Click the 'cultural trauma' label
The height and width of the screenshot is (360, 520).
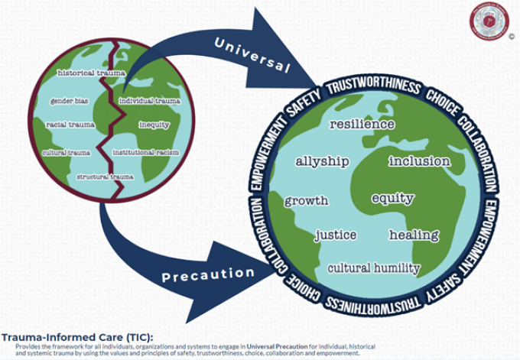click(x=66, y=152)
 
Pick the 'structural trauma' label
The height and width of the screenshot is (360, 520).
click(x=106, y=177)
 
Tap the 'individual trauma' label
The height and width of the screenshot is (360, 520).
click(x=150, y=100)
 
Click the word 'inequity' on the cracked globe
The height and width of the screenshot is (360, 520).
click(x=154, y=125)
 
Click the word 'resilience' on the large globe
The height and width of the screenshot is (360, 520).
click(x=362, y=124)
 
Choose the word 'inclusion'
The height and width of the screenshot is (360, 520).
click(x=419, y=161)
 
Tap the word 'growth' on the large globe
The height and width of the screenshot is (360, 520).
click(x=306, y=201)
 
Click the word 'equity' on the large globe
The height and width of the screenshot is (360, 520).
click(x=392, y=198)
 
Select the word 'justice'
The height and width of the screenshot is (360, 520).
click(x=336, y=235)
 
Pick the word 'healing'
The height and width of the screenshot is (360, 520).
click(x=414, y=235)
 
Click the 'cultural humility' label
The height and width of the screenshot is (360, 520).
click(x=373, y=268)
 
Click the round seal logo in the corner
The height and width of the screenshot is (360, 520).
click(x=489, y=21)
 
